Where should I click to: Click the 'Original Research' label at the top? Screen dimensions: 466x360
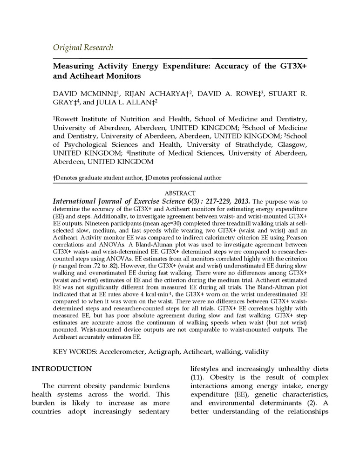click(83, 47)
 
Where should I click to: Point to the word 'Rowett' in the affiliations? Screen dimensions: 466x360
click(68, 120)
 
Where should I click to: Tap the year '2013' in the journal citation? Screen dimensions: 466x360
click(240, 201)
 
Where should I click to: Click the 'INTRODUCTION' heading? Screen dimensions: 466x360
click(61, 369)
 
